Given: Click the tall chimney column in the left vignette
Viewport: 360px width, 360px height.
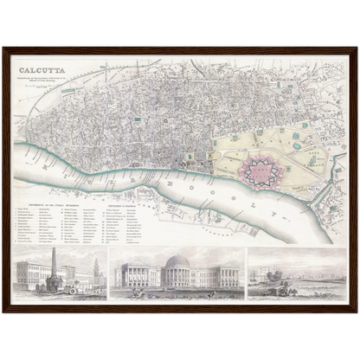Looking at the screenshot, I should click(54, 267).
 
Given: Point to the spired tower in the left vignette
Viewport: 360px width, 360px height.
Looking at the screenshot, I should click(95, 267).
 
